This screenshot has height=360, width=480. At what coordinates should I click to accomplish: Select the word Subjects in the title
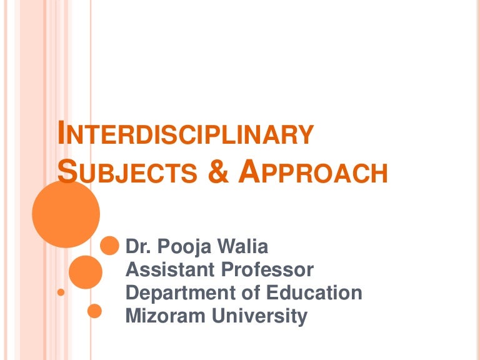(124, 172)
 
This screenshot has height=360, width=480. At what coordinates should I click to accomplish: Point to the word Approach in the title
(312, 172)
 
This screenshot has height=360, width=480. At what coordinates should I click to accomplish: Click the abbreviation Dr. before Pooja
(138, 247)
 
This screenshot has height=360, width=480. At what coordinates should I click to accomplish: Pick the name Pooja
(181, 247)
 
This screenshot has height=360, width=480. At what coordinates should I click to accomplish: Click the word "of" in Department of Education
(240, 292)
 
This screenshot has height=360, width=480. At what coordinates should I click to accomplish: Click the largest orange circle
(66, 214)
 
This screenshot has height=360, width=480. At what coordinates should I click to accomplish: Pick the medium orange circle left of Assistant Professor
(86, 272)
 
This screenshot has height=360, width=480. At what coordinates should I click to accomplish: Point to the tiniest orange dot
(61, 292)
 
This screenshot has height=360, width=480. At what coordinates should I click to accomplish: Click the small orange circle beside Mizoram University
(94, 311)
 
